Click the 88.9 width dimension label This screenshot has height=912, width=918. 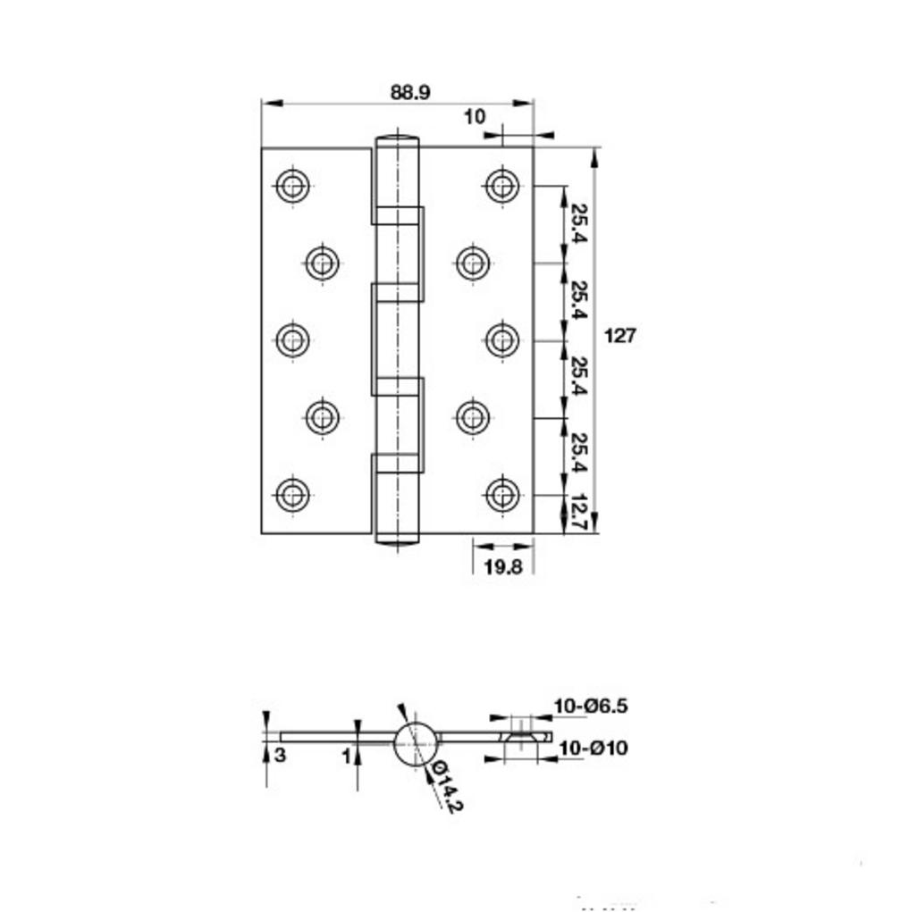(x=409, y=92)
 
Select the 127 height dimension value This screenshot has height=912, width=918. (x=619, y=336)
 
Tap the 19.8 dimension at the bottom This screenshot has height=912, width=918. (x=503, y=566)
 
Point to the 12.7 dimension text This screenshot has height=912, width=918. (x=579, y=513)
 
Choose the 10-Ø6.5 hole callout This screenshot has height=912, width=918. (x=591, y=706)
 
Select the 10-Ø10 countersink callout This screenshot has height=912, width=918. (x=594, y=748)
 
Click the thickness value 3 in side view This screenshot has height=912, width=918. (x=281, y=755)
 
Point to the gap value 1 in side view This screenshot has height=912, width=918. (x=347, y=757)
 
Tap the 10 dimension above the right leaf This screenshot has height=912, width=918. (x=475, y=117)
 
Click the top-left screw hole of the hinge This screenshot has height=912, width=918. (x=292, y=186)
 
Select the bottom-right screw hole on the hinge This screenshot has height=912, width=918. (x=502, y=495)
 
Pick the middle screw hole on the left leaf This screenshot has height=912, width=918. (x=292, y=340)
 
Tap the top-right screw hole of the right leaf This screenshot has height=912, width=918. (x=502, y=186)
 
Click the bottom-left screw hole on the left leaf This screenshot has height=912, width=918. (x=292, y=495)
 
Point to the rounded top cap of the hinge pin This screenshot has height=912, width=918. (x=398, y=141)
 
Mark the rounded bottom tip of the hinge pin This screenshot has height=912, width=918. (x=398, y=539)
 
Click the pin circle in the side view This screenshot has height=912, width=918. (x=416, y=744)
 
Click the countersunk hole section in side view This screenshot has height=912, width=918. (x=520, y=737)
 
